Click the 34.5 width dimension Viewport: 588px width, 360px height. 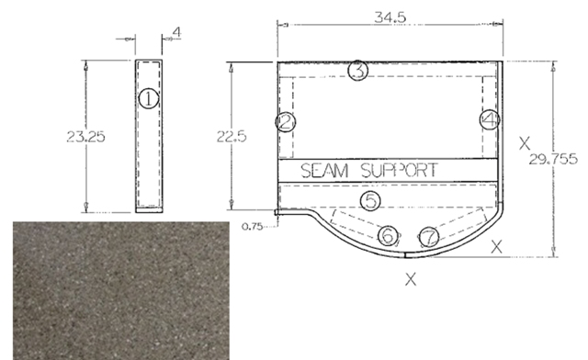pyautogui.click(x=390, y=17)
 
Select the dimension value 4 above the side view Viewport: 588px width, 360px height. pyautogui.click(x=176, y=32)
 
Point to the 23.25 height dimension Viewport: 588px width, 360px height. pyautogui.click(x=85, y=136)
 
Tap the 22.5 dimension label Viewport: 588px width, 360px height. pyautogui.click(x=232, y=136)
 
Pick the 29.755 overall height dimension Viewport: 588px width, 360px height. pyautogui.click(x=553, y=160)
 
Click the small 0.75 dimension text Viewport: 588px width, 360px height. pyautogui.click(x=252, y=227)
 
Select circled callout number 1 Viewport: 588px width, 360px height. pyautogui.click(x=149, y=98)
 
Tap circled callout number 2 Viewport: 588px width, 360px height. pyautogui.click(x=286, y=122)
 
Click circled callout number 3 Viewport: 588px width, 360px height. pyautogui.click(x=358, y=70)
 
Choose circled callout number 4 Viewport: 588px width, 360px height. pyautogui.click(x=490, y=119)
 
